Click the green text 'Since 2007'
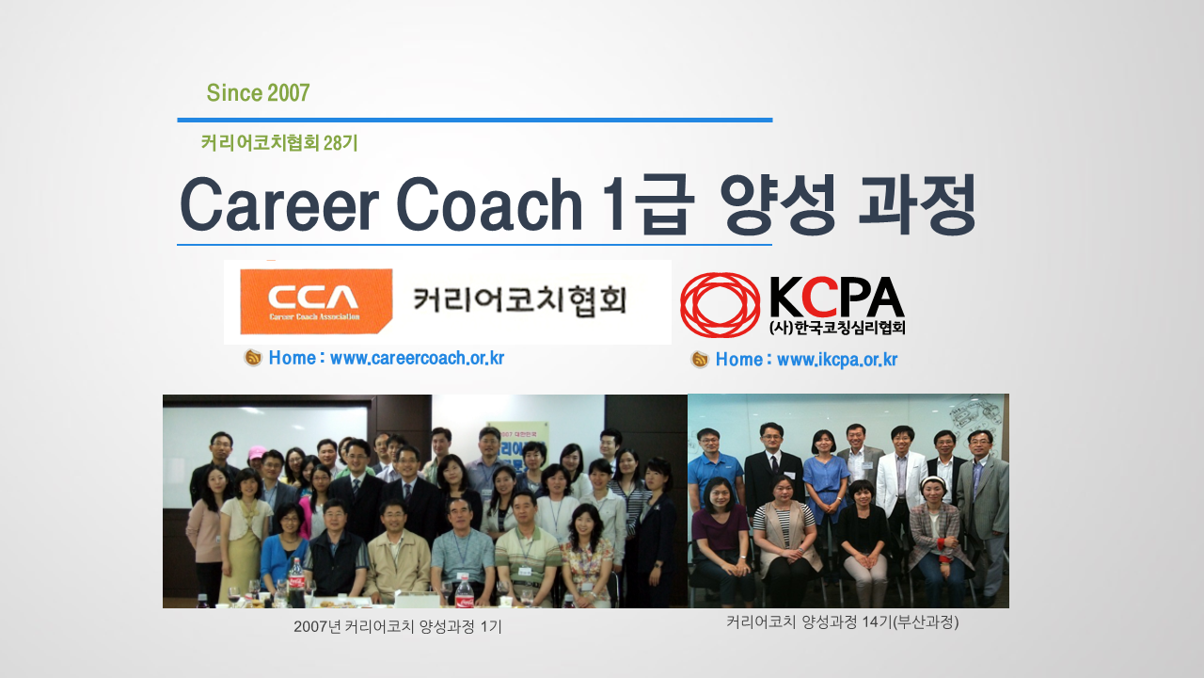click(258, 93)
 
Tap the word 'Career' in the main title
click(279, 205)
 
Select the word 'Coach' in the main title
click(489, 205)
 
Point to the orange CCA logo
click(316, 301)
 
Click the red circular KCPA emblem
click(721, 305)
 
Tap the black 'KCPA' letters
click(837, 297)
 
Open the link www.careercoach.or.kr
click(417, 359)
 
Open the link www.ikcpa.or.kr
click(837, 360)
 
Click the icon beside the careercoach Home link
click(253, 358)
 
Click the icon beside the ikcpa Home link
click(699, 360)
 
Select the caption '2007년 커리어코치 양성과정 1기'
click(398, 626)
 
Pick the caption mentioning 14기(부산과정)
click(842, 622)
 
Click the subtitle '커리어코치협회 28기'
click(279, 143)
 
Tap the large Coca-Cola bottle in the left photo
click(296, 583)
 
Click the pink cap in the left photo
click(257, 452)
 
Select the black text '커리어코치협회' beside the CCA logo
click(520, 300)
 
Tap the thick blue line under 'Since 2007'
click(475, 120)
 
